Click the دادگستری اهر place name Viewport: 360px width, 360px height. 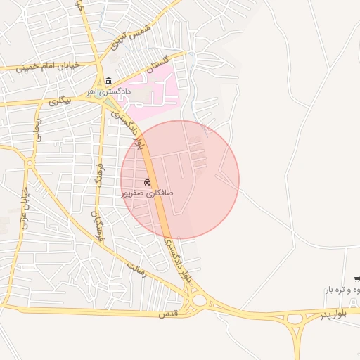click(x=109, y=91)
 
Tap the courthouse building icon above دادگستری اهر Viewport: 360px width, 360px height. click(x=108, y=81)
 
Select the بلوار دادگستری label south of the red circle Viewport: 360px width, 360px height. click(x=177, y=260)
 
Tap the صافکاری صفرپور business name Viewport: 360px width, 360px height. click(x=147, y=192)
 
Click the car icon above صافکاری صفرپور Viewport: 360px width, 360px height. click(x=147, y=182)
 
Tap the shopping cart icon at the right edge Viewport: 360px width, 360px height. click(x=357, y=279)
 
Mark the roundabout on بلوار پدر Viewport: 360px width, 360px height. click(x=200, y=300)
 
